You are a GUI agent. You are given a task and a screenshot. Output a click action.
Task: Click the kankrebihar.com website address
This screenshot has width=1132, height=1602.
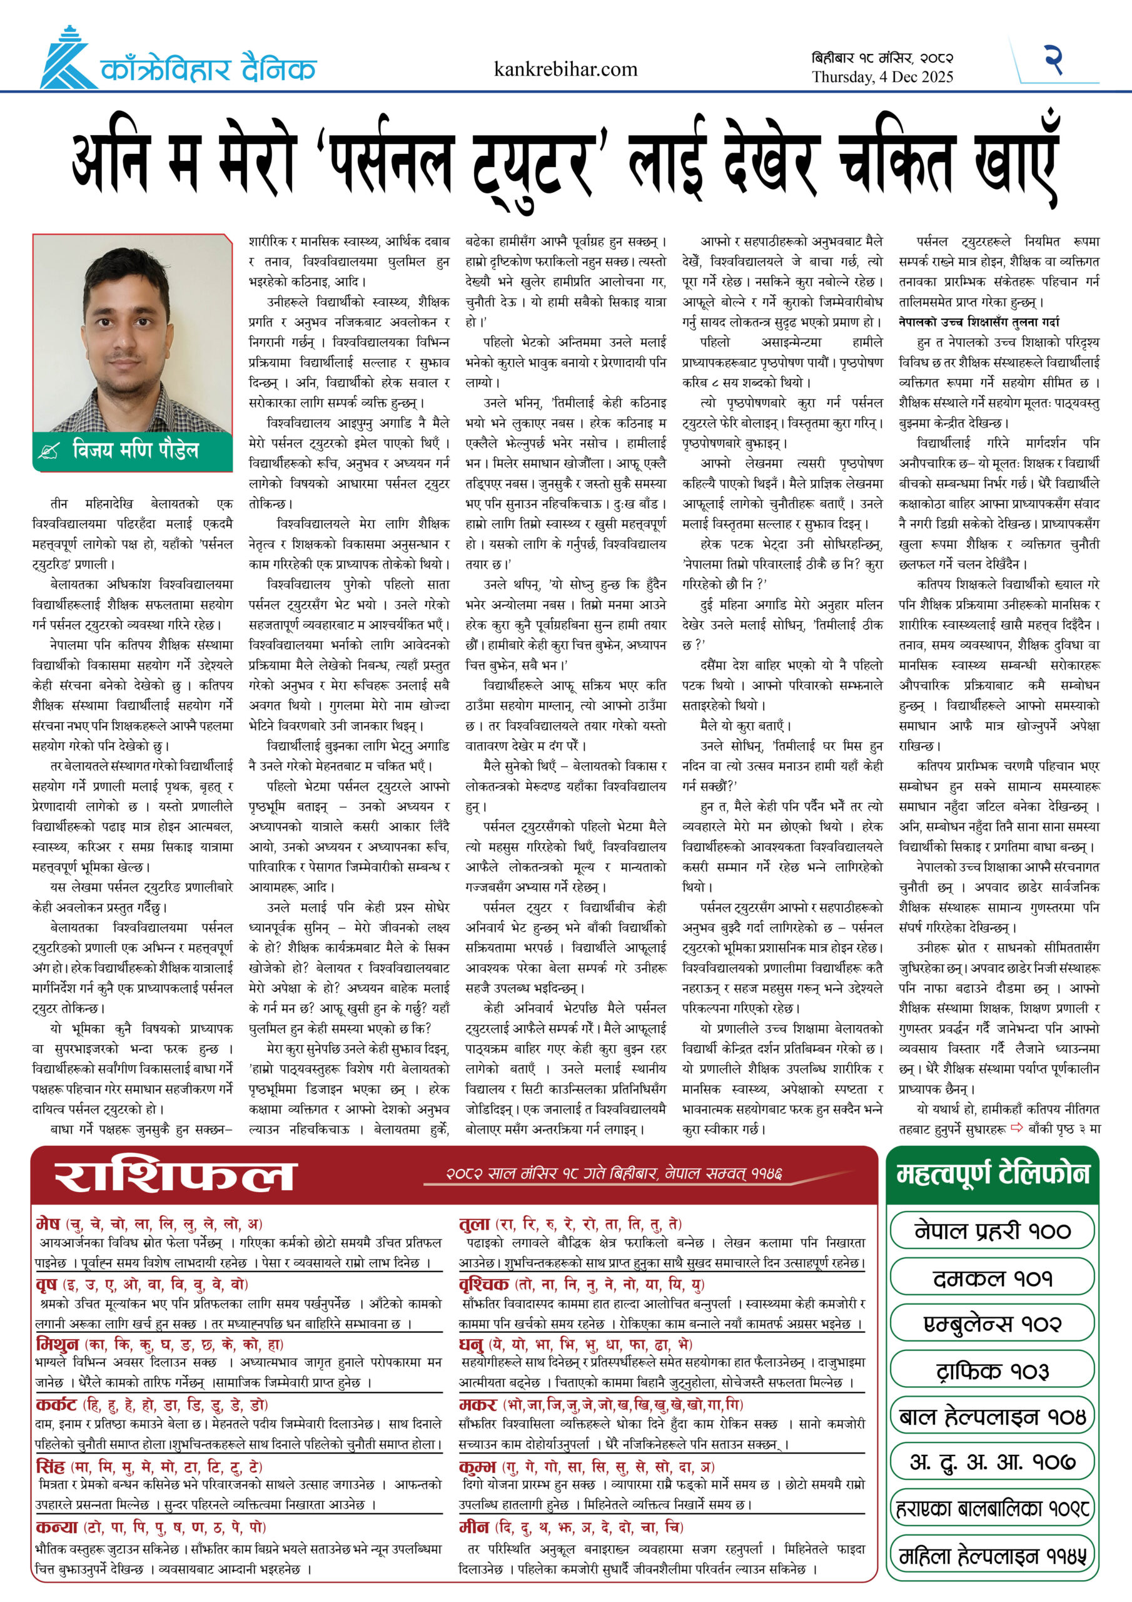click(565, 69)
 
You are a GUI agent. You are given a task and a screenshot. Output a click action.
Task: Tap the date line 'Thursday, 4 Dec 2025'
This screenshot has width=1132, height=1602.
click(882, 77)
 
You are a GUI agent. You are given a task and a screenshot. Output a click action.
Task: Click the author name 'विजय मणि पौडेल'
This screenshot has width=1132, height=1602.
click(135, 450)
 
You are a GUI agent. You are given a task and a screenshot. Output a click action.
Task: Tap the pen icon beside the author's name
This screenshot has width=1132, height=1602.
click(49, 451)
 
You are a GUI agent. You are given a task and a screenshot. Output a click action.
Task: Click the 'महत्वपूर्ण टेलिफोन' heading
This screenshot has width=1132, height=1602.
click(992, 1175)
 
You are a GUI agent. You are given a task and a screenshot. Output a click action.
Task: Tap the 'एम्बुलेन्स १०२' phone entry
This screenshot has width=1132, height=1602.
click(992, 1324)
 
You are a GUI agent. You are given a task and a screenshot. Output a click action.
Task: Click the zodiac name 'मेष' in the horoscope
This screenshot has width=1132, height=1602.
click(48, 1223)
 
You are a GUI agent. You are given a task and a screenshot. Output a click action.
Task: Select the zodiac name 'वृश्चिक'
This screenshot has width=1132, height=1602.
click(483, 1284)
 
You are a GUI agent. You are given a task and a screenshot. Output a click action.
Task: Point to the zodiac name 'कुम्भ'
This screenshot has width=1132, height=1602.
click(477, 1467)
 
